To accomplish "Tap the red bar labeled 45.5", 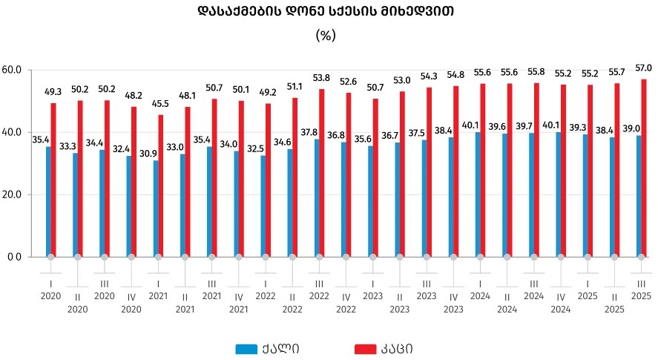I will (x=161, y=186).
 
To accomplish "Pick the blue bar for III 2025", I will (x=639, y=196).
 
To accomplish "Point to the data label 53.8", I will (x=322, y=78).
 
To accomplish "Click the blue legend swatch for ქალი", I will (x=246, y=349).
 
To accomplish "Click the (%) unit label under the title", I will (x=326, y=35).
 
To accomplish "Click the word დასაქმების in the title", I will (x=233, y=11).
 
